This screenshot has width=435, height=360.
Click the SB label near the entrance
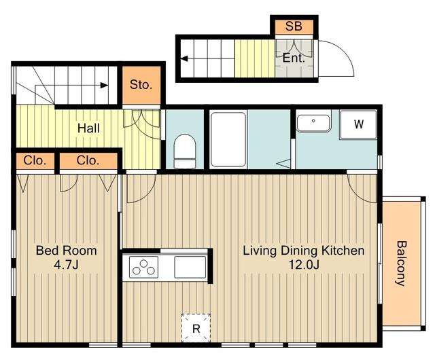pyautogui.click(x=294, y=26)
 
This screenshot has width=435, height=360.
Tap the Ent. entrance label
pyautogui.click(x=294, y=58)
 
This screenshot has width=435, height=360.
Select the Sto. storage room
pyautogui.click(x=141, y=85)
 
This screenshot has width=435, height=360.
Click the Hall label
pyautogui.click(x=88, y=128)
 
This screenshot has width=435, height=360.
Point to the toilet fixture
pyautogui.click(x=185, y=151)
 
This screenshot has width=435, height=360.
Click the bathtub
pyautogui.click(x=228, y=139)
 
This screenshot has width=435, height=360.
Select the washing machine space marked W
pyautogui.click(x=358, y=124)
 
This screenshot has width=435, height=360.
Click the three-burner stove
pyautogui.click(x=143, y=267)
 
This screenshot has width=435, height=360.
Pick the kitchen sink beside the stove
pyautogui.click(x=190, y=267)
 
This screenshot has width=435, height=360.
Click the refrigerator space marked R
pyautogui.click(x=196, y=328)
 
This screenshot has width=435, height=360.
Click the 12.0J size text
pyautogui.click(x=304, y=265)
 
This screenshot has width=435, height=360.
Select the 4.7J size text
pyautogui.click(x=66, y=265)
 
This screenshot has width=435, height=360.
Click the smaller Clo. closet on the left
pyautogui.click(x=35, y=160)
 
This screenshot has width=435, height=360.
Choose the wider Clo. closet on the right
pyautogui.click(x=88, y=160)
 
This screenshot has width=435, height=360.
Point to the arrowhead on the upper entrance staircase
pyautogui.click(x=184, y=59)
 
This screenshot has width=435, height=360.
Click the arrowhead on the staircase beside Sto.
pyautogui.click(x=104, y=85)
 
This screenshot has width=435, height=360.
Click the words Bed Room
pyautogui.click(x=67, y=251)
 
